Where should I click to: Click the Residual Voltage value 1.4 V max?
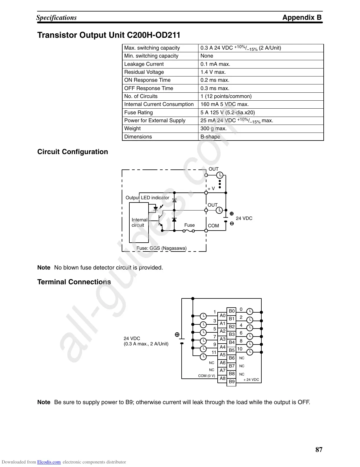tap(213, 72)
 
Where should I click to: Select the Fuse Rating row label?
tap(139, 112)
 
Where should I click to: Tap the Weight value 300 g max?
tap(213, 128)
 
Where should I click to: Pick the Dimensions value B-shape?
tap(210, 137)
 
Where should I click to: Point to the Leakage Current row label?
tap(144, 64)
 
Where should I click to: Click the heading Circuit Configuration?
tap(73, 152)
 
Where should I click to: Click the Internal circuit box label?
tap(139, 223)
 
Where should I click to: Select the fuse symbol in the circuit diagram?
tap(189, 231)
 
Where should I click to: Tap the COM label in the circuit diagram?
tap(213, 226)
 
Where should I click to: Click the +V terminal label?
tap(211, 189)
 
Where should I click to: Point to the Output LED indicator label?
tap(147, 198)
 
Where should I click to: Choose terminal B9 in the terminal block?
tap(232, 382)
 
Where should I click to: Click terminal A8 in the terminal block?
tap(222, 378)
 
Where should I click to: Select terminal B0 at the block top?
tap(232, 311)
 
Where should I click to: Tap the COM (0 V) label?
tap(206, 376)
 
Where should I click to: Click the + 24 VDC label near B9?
tap(251, 380)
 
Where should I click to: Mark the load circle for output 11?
tap(203, 357)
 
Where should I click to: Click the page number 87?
tap(319, 450)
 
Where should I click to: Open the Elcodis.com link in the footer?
tap(49, 462)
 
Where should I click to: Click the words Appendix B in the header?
tap(302, 17)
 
